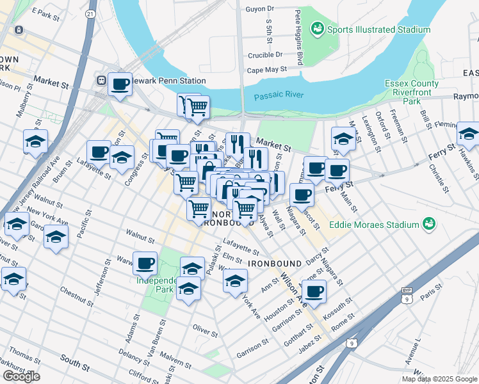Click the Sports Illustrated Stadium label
coord(378,29)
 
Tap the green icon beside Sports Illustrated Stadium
coord(316,29)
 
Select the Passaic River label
coord(278,97)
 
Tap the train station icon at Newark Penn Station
coord(101,81)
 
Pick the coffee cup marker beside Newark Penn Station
coord(120,84)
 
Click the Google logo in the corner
coord(21,376)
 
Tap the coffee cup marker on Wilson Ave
coord(313,291)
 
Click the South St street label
coord(76,365)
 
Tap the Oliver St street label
coord(205,328)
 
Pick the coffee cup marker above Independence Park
coord(145,262)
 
